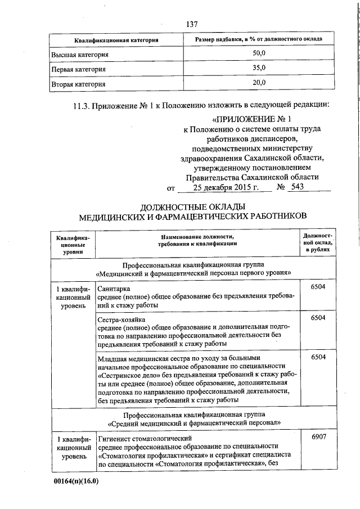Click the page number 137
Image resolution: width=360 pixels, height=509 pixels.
[191, 24]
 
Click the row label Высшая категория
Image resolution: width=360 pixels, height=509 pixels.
[80, 55]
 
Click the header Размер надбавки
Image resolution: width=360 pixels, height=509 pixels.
[259, 39]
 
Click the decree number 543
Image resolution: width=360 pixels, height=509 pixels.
[295, 187]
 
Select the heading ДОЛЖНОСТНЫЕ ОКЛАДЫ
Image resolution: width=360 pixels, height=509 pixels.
[192, 206]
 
